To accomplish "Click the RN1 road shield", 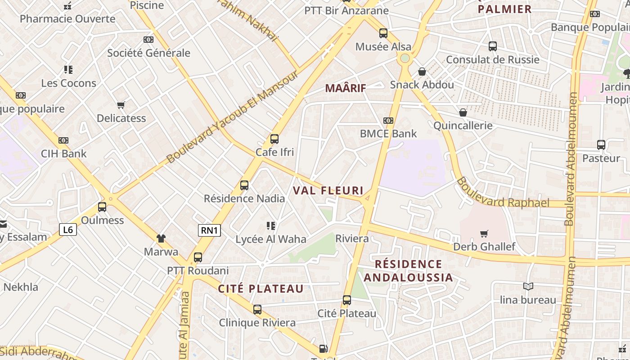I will tap(209, 230).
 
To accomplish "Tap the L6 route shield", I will tap(68, 230).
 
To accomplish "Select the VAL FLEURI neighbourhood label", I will tap(328, 190).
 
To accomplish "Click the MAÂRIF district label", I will tap(346, 88).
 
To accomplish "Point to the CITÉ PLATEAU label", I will tap(261, 289).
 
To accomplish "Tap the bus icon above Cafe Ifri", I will tap(274, 139).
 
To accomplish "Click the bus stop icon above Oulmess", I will tap(102, 207).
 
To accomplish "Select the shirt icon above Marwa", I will tap(161, 238).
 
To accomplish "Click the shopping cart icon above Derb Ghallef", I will tap(484, 234).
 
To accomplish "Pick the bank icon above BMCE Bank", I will tap(388, 121).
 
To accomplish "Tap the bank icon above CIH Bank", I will tap(63, 140).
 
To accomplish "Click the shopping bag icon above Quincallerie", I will tap(463, 112).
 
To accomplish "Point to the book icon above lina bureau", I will tap(528, 286).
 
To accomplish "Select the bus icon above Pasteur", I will tap(601, 145).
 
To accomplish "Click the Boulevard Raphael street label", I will tap(503, 193).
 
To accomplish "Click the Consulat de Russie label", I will tap(492, 59).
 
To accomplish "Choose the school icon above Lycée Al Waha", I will tap(270, 225).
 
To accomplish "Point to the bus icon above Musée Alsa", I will tap(383, 33).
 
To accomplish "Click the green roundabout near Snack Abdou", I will tap(405, 58).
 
